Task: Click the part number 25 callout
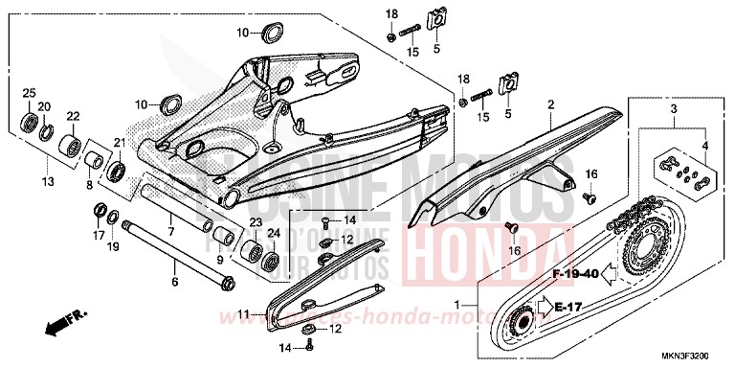28,93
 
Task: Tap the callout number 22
72,117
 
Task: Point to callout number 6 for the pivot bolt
175,283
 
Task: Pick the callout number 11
244,313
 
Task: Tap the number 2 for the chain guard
550,103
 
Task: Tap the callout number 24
273,232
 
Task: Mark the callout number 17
99,235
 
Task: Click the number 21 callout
121,143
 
